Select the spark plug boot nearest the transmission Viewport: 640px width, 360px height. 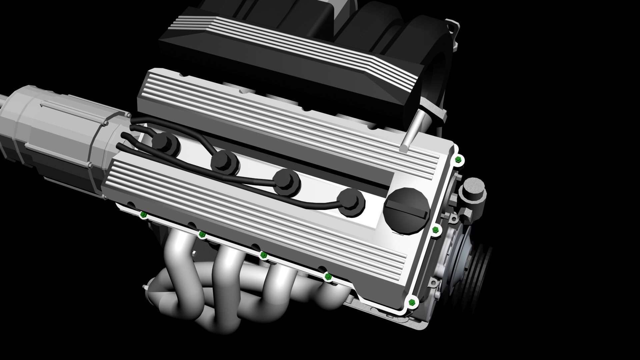pos(166,144)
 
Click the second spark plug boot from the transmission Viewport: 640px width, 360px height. pos(225,162)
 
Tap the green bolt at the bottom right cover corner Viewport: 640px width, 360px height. pos(412,302)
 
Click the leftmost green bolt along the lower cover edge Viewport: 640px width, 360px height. pos(143,214)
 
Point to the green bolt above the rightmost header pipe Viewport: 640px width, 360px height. pos(328,276)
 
